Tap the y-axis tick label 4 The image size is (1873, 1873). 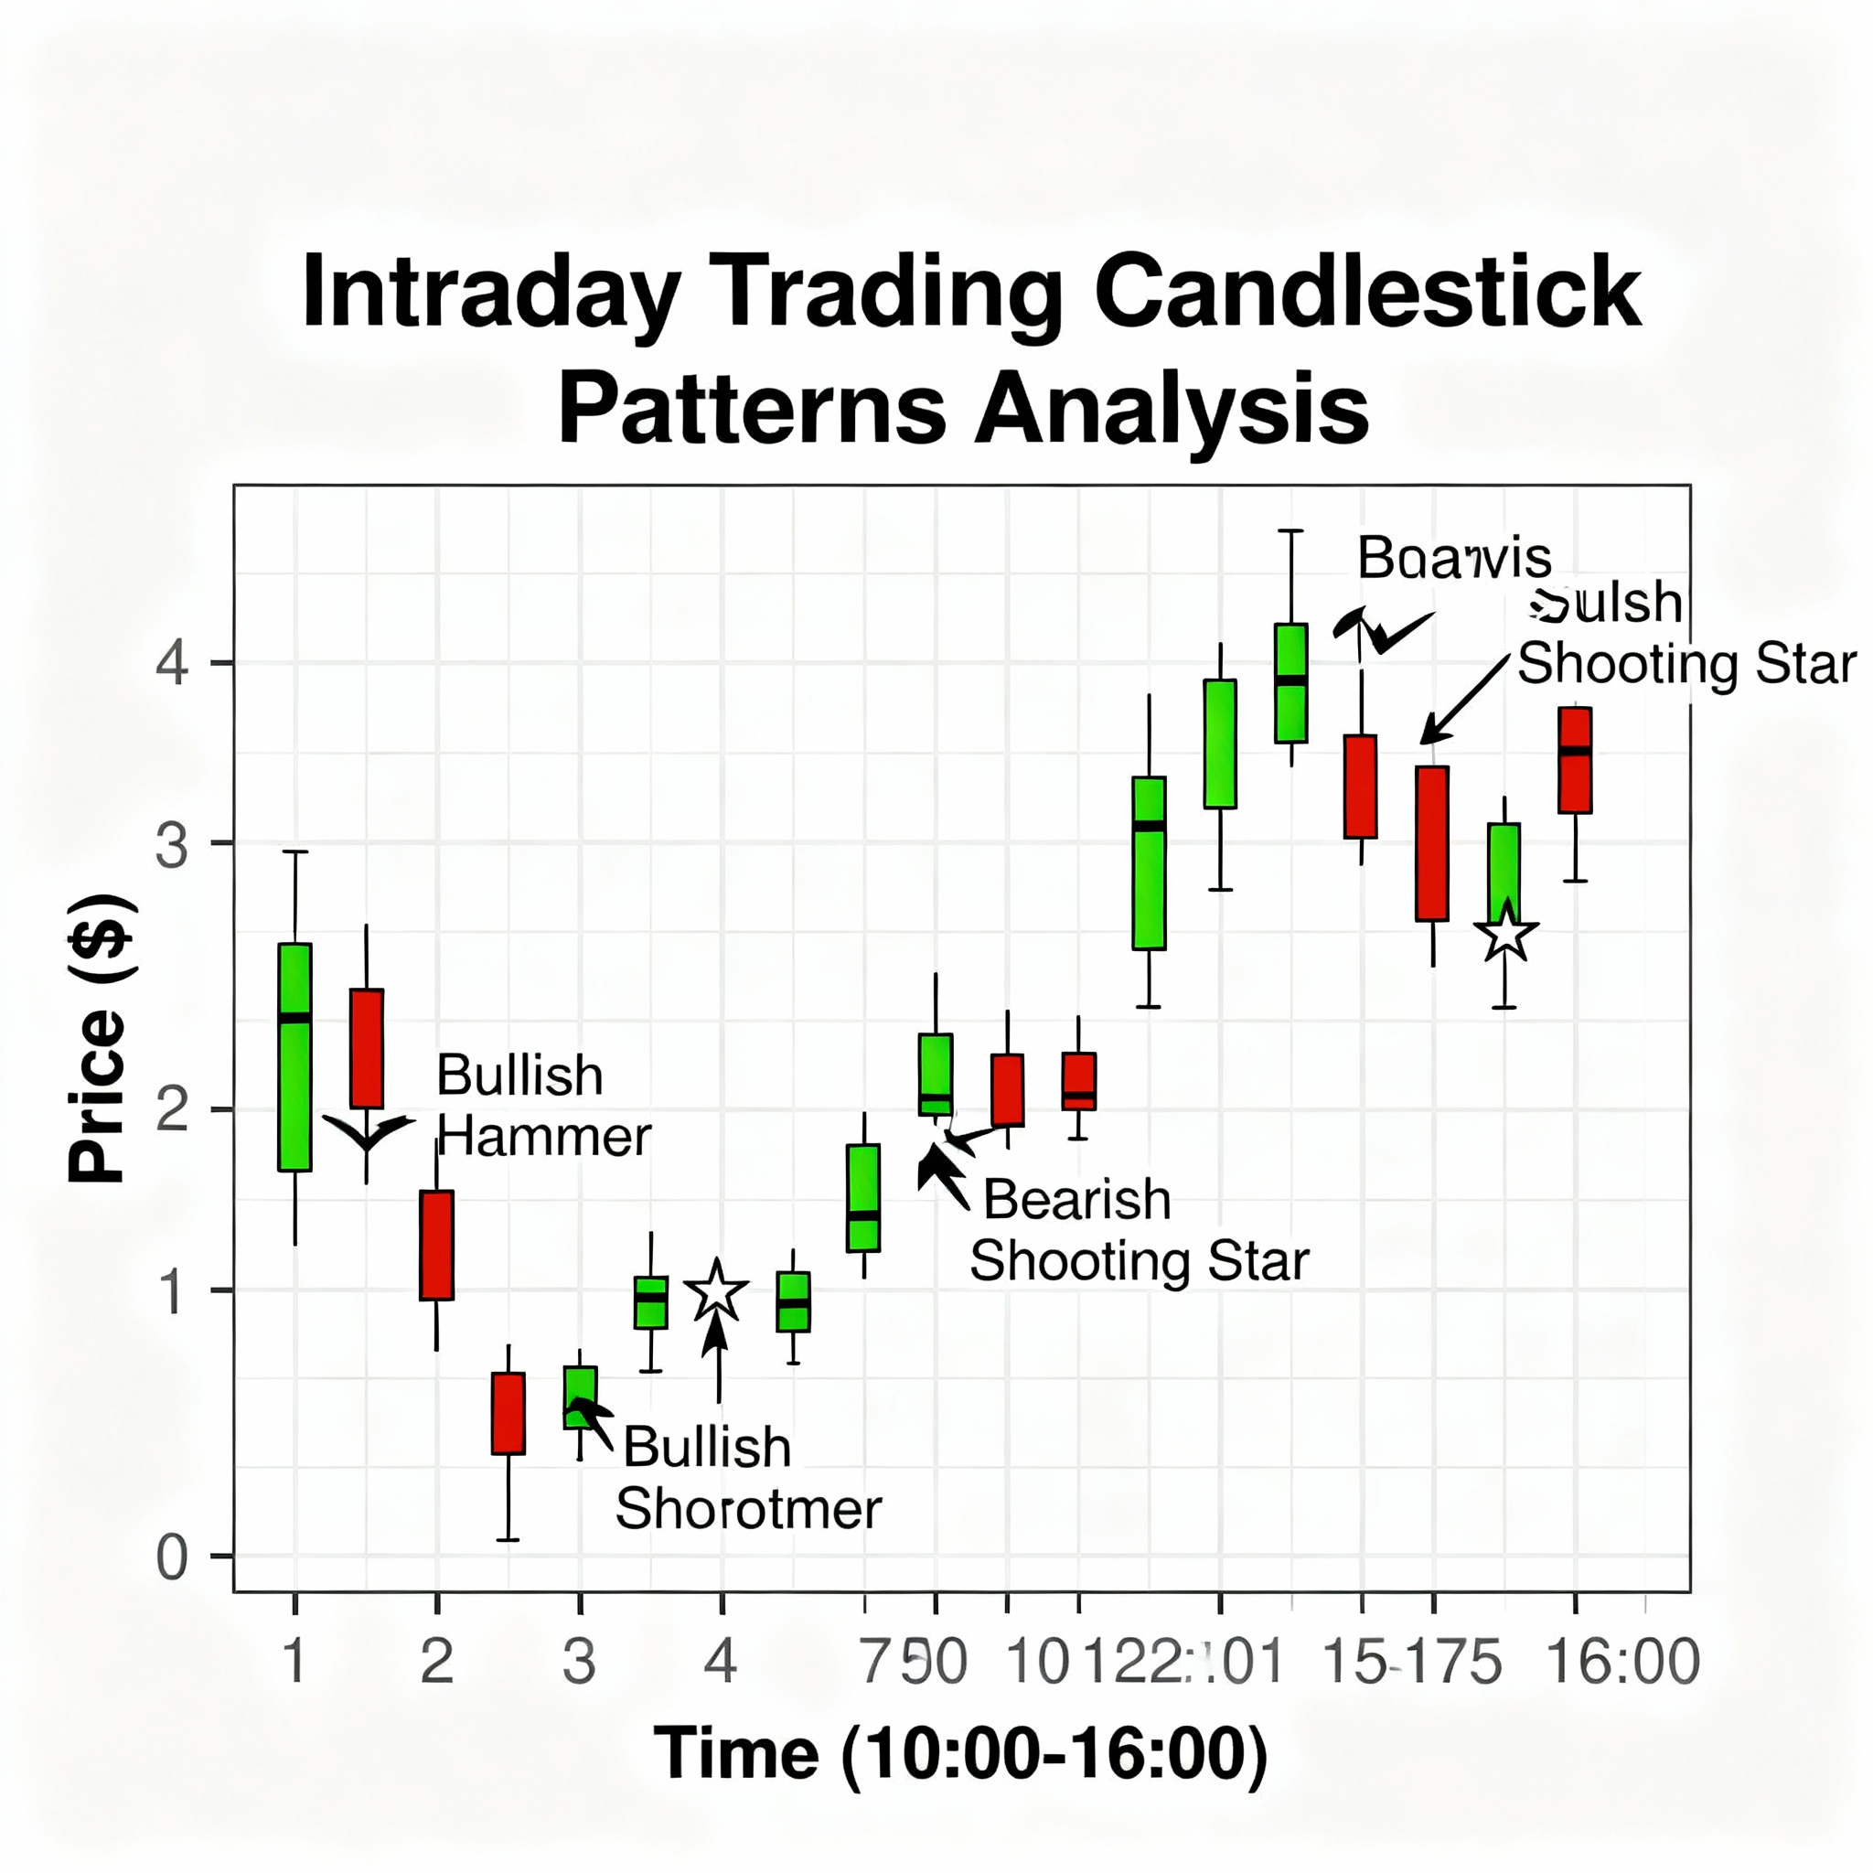click(173, 664)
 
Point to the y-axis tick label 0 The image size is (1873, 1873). click(173, 1559)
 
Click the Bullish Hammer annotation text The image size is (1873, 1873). click(543, 1105)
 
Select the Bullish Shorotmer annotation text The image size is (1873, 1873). click(747, 1479)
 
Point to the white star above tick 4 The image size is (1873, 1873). click(716, 1292)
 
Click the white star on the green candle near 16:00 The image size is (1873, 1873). click(1505, 934)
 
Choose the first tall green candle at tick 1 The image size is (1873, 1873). click(294, 1056)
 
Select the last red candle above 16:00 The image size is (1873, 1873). click(1575, 760)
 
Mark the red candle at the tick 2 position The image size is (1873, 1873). click(436, 1245)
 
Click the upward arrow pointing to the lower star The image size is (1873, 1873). click(717, 1357)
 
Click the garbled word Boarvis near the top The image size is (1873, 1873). click(1453, 559)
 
